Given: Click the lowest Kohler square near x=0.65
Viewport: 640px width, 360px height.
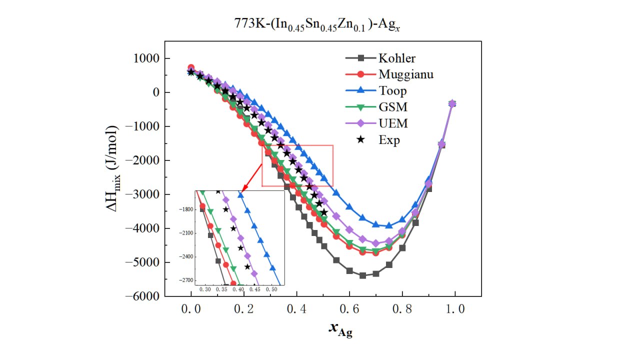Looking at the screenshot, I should point(362,275).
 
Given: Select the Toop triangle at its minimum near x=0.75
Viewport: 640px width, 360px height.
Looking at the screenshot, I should point(389,225).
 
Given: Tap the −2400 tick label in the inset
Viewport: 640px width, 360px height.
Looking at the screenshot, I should point(187,256).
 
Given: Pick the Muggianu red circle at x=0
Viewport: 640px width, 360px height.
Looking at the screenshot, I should point(191,67).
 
